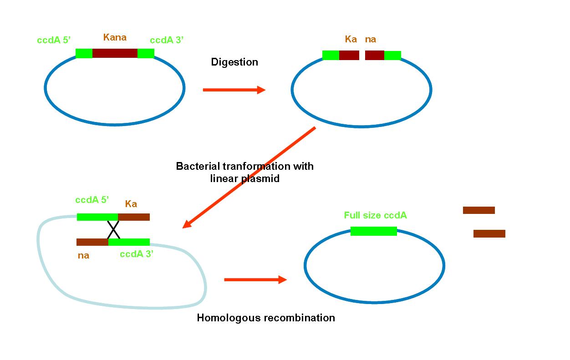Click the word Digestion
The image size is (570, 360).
click(x=234, y=62)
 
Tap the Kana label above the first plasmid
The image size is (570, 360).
click(x=115, y=37)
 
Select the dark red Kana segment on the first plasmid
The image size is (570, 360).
click(x=115, y=53)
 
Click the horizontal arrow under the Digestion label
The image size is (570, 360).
click(x=234, y=90)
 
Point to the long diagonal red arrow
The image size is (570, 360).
click(x=249, y=177)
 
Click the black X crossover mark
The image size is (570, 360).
click(x=113, y=230)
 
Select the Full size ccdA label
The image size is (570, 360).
click(x=375, y=215)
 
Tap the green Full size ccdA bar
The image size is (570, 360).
click(x=374, y=231)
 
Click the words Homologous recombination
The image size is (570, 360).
click(x=266, y=318)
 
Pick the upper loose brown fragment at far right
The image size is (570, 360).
click(x=479, y=210)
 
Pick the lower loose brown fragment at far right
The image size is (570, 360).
click(x=489, y=233)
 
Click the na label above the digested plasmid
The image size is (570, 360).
click(x=371, y=40)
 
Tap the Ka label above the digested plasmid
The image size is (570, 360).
click(x=351, y=39)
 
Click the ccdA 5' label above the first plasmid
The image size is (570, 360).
click(x=54, y=40)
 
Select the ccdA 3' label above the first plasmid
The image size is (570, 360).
click(x=167, y=40)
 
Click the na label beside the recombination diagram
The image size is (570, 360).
click(x=83, y=255)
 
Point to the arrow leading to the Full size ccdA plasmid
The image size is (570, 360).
click(x=255, y=279)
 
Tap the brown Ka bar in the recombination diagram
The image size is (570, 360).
click(x=134, y=217)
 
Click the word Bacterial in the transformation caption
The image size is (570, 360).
click(x=198, y=167)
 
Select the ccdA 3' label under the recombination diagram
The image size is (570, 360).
click(x=137, y=254)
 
